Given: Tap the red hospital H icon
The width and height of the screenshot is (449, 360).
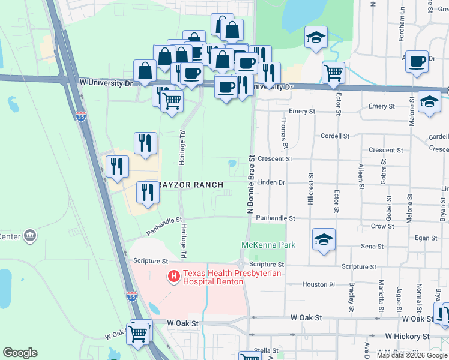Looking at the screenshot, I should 174,276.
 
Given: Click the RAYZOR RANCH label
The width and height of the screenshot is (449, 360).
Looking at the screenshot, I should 191,185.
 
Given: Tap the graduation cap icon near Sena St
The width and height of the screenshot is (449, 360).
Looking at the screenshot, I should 324,240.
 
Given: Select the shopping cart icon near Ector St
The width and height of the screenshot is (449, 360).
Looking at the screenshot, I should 333,73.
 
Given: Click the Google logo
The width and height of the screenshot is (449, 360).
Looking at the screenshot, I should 20,353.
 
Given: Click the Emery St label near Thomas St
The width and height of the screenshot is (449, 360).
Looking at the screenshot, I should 302,112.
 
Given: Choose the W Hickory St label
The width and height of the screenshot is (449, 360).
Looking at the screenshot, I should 408,337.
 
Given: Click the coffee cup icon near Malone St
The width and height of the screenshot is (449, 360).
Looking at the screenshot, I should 417,61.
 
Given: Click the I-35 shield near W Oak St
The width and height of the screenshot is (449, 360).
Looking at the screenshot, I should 132,296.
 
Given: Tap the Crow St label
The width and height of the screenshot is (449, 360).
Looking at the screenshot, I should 378,227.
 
